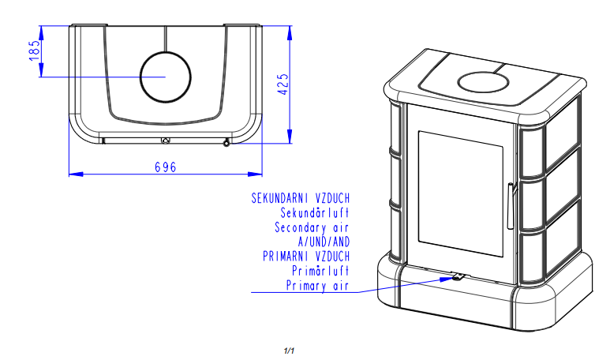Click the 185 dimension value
[x=35, y=51]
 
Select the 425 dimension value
[x=283, y=84]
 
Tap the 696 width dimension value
[x=166, y=167]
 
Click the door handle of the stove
[x=511, y=206]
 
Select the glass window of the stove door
[x=461, y=194]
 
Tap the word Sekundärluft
[x=315, y=213]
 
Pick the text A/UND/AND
[x=324, y=242]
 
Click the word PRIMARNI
[x=286, y=257]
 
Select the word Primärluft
[x=320, y=271]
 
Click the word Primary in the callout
[x=306, y=286]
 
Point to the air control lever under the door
[x=458, y=277]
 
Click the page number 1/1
[x=289, y=351]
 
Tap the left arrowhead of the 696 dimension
[x=77, y=174]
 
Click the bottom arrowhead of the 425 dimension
[x=290, y=137]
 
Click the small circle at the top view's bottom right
[x=226, y=144]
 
